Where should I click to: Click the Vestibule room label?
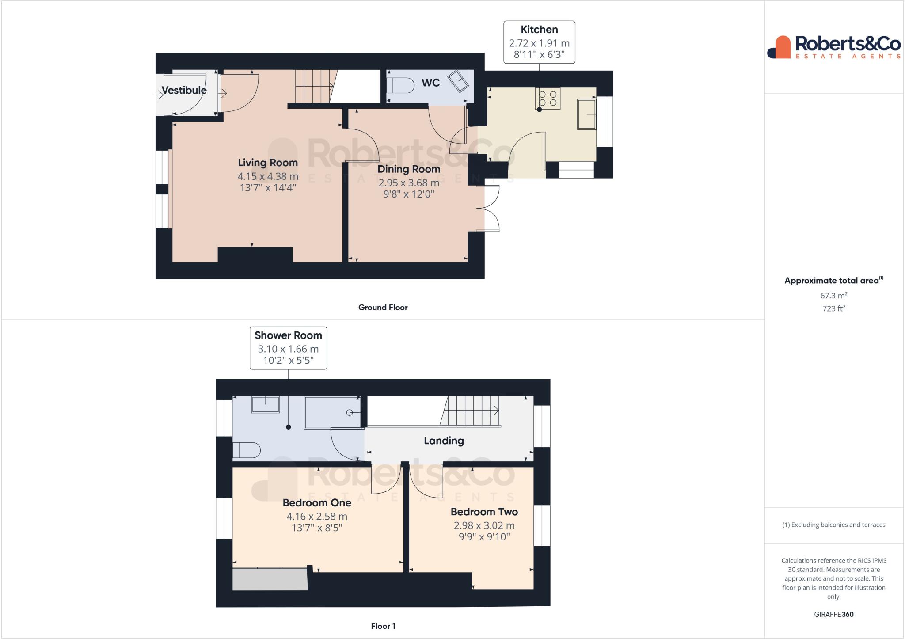pos(184,90)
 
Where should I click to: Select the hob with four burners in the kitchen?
pos(548,99)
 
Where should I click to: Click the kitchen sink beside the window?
pos(586,114)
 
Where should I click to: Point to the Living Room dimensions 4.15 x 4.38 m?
pos(268,176)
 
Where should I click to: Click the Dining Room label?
pos(409,169)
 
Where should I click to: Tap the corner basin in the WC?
pos(459,81)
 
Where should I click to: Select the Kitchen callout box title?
pos(539,30)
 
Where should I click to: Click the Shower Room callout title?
pos(288,335)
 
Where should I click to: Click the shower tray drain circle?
pos(350,412)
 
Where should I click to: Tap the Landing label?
pos(444,441)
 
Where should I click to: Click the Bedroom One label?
pos(317,503)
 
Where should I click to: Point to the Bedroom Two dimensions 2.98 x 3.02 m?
pos(484,525)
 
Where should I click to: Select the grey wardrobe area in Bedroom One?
pos(270,579)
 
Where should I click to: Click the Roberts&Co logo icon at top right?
pos(779,47)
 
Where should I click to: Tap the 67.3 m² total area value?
pos(833,296)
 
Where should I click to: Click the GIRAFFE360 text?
pos(833,614)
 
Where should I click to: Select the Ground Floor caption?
pos(383,308)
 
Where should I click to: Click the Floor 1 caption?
pos(383,626)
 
